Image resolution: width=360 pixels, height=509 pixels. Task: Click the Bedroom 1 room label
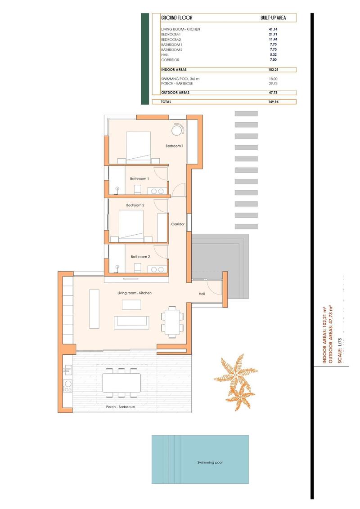coord(174,146)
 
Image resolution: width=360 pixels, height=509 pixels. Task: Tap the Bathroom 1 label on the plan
coord(139,179)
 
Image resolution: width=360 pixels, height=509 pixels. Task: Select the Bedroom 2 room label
coord(135,205)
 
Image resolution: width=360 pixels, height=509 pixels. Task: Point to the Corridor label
coord(178,224)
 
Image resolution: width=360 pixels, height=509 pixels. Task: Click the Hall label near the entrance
coord(202,294)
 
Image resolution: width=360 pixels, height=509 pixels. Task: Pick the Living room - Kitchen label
coord(135,293)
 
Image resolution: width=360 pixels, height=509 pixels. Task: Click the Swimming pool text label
coord(210,462)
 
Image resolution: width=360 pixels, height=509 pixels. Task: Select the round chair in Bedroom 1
coord(177,129)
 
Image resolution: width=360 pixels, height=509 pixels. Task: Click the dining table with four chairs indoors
coord(172,322)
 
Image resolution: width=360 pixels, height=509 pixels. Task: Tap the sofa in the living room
coord(131,321)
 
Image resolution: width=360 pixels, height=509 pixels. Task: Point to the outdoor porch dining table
coord(121,383)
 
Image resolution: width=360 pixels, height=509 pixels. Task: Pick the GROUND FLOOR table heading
coord(177,18)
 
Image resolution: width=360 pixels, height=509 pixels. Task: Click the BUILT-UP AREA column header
coord(272,18)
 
